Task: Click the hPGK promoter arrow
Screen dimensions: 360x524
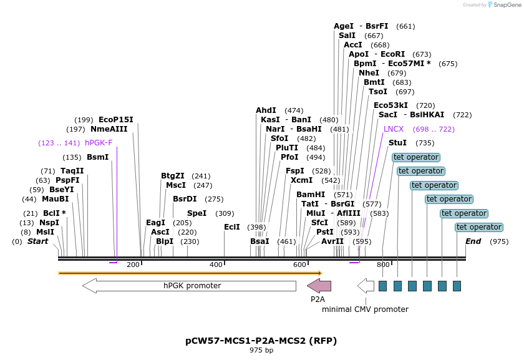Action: (x=189, y=286)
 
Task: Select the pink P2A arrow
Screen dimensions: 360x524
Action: (x=319, y=286)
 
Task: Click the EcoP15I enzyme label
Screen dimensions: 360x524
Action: (x=115, y=120)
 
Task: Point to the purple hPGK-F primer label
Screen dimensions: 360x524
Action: (x=99, y=143)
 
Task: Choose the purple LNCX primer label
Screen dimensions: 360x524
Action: (x=394, y=129)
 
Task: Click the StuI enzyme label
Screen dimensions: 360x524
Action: (x=397, y=143)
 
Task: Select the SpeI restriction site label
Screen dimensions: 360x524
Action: (x=196, y=213)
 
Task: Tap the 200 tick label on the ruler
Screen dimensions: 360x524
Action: (x=133, y=265)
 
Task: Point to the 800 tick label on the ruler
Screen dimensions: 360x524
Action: (x=383, y=265)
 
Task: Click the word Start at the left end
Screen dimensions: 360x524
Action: (x=37, y=241)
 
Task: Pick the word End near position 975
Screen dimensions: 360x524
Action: (x=473, y=241)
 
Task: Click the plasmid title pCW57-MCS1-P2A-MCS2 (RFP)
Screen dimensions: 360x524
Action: (x=261, y=341)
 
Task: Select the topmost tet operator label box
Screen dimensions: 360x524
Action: (x=416, y=157)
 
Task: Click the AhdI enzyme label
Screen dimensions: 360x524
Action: (x=266, y=110)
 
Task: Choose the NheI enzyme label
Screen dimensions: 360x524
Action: (x=369, y=73)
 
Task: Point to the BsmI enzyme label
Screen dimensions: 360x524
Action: (x=97, y=157)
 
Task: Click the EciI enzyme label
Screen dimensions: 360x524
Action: (x=231, y=227)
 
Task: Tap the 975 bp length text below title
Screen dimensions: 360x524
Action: (x=261, y=351)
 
